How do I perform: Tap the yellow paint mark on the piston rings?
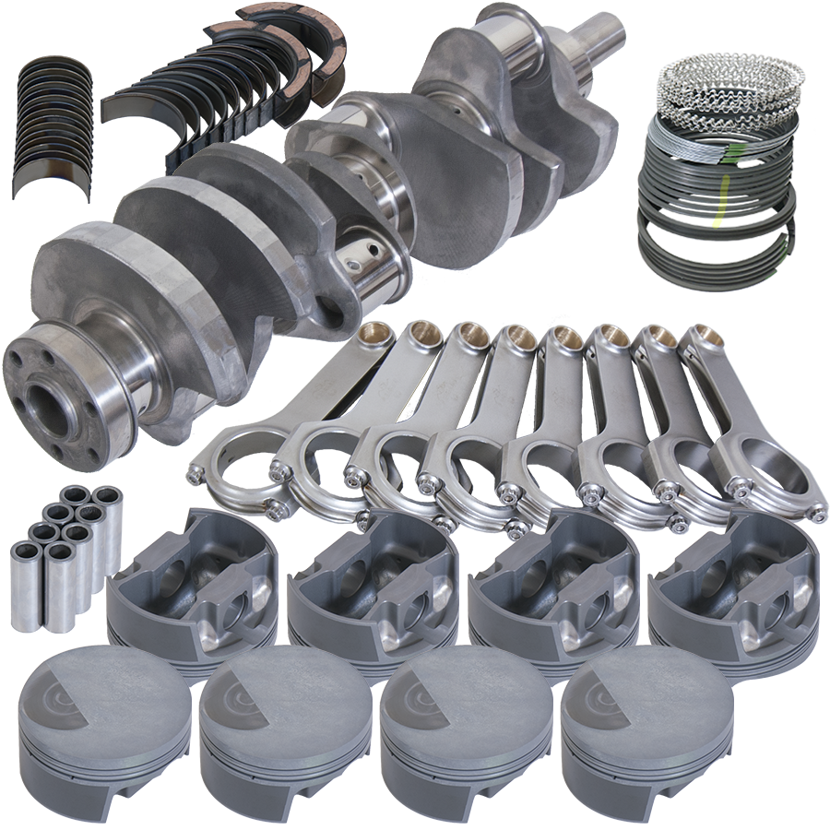715,219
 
